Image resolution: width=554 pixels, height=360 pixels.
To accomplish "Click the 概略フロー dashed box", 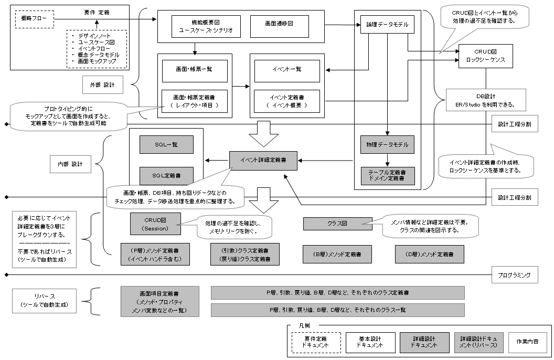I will [34, 19].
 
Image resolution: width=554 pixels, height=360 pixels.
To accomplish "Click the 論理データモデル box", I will [384, 24].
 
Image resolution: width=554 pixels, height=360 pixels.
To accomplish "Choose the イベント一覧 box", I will [286, 70].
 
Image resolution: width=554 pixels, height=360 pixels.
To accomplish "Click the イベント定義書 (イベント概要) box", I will [286, 101].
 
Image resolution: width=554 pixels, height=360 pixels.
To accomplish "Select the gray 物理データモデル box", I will [388, 144].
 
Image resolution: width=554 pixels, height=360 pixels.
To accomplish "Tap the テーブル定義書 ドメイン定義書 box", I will [388, 175].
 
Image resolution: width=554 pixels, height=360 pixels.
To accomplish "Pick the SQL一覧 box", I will [166, 144].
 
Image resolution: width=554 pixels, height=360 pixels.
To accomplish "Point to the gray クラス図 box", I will [337, 224].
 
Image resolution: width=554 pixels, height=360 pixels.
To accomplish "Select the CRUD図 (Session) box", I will [155, 224].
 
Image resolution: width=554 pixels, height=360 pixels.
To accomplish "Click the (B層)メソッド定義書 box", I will [338, 253].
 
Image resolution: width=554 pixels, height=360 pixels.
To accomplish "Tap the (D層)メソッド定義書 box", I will [430, 253].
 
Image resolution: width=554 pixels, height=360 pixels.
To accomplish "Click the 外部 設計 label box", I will [103, 84].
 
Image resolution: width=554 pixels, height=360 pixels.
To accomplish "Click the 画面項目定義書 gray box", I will [160, 301].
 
